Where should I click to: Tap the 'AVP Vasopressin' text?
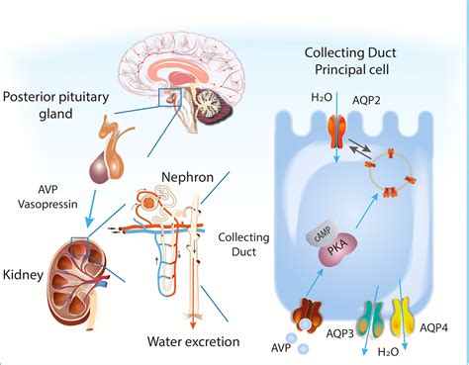pos(40,195)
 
